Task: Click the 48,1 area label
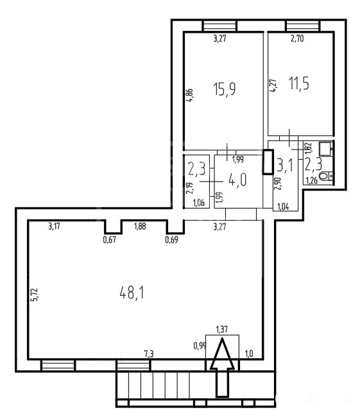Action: click(132, 293)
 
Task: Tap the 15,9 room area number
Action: click(225, 89)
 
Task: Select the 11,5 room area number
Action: click(299, 83)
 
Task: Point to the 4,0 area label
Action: click(237, 179)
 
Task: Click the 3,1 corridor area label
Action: click(286, 166)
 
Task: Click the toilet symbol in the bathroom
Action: click(326, 176)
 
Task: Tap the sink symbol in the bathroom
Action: click(326, 149)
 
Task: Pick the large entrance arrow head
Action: click(222, 354)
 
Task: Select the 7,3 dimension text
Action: click(149, 354)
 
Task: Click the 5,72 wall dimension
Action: click(35, 295)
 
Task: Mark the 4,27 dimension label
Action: click(273, 86)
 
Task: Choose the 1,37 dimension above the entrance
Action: click(222, 329)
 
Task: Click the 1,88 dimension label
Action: click(140, 227)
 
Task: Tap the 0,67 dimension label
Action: click(110, 240)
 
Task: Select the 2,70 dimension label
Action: click(297, 38)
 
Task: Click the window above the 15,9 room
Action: click(220, 26)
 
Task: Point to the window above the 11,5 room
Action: click(302, 26)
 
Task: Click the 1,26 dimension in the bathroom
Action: click(312, 181)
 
